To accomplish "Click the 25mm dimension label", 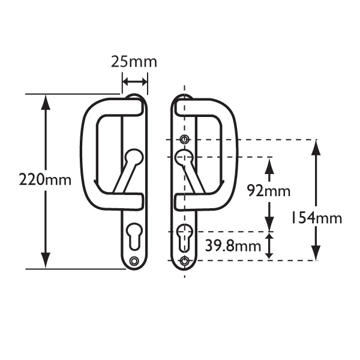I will click(x=134, y=62).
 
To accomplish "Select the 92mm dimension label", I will click(x=269, y=191).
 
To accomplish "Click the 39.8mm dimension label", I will click(x=233, y=245).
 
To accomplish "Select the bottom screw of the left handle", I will click(x=133, y=260).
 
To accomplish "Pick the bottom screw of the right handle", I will click(x=184, y=260).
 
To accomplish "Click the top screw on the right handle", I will click(x=184, y=140).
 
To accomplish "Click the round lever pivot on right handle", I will click(x=184, y=158).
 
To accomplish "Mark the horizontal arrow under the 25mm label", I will click(x=134, y=81).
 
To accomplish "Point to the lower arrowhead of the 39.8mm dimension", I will click(x=269, y=253).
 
